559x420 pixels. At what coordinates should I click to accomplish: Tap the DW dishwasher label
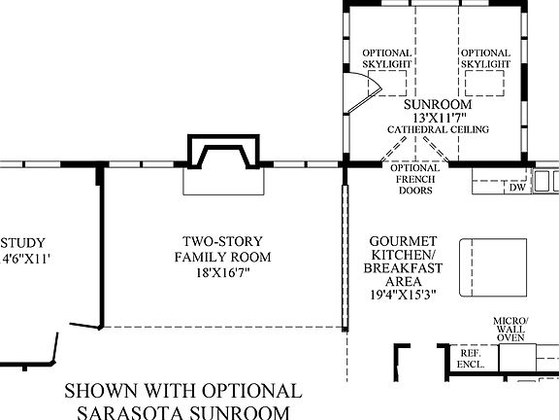point(517,188)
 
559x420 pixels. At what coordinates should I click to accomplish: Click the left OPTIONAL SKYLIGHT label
point(387,58)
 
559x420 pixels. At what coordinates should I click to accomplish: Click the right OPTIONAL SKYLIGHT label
point(485,58)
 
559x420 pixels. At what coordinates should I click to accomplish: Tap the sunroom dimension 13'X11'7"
point(438,117)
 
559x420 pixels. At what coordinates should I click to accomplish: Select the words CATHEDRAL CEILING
point(438,129)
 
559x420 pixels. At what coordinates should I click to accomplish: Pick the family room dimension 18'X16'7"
point(222,273)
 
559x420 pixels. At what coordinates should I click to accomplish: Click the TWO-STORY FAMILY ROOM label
point(222,249)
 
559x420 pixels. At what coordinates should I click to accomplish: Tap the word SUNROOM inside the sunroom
point(438,103)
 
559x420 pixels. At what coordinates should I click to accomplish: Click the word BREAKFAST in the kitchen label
point(406,267)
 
